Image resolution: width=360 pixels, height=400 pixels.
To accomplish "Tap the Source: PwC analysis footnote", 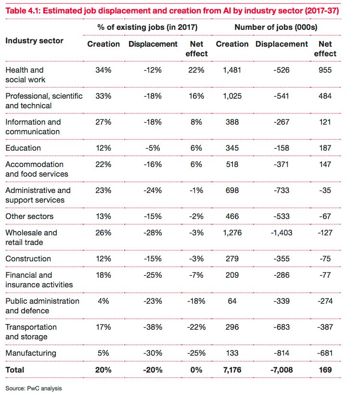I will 34,387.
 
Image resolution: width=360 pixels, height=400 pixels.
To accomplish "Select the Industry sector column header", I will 34,40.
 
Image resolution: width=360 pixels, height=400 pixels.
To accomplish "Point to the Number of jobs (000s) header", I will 276,27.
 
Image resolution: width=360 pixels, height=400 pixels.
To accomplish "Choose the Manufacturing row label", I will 31,353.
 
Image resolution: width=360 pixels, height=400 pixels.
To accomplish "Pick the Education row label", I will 23,148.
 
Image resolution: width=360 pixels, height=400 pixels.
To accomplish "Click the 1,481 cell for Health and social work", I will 231,70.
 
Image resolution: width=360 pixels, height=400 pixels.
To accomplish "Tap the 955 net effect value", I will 325,70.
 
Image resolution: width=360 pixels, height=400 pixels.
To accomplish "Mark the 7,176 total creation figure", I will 231,370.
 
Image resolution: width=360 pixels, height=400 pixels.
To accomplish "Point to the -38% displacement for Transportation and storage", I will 153,327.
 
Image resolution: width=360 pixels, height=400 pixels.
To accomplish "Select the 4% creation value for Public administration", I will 103,301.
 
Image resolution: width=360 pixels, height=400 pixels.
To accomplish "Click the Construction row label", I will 28,258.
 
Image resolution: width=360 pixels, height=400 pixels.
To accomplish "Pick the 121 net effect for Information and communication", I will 325,122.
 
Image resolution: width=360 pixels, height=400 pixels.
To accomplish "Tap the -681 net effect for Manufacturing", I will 325,353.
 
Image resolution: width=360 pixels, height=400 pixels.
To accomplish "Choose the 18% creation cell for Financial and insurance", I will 103,275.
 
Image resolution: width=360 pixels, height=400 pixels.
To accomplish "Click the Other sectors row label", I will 29,216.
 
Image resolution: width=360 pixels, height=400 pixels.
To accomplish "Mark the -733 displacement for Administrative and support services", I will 282,190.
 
